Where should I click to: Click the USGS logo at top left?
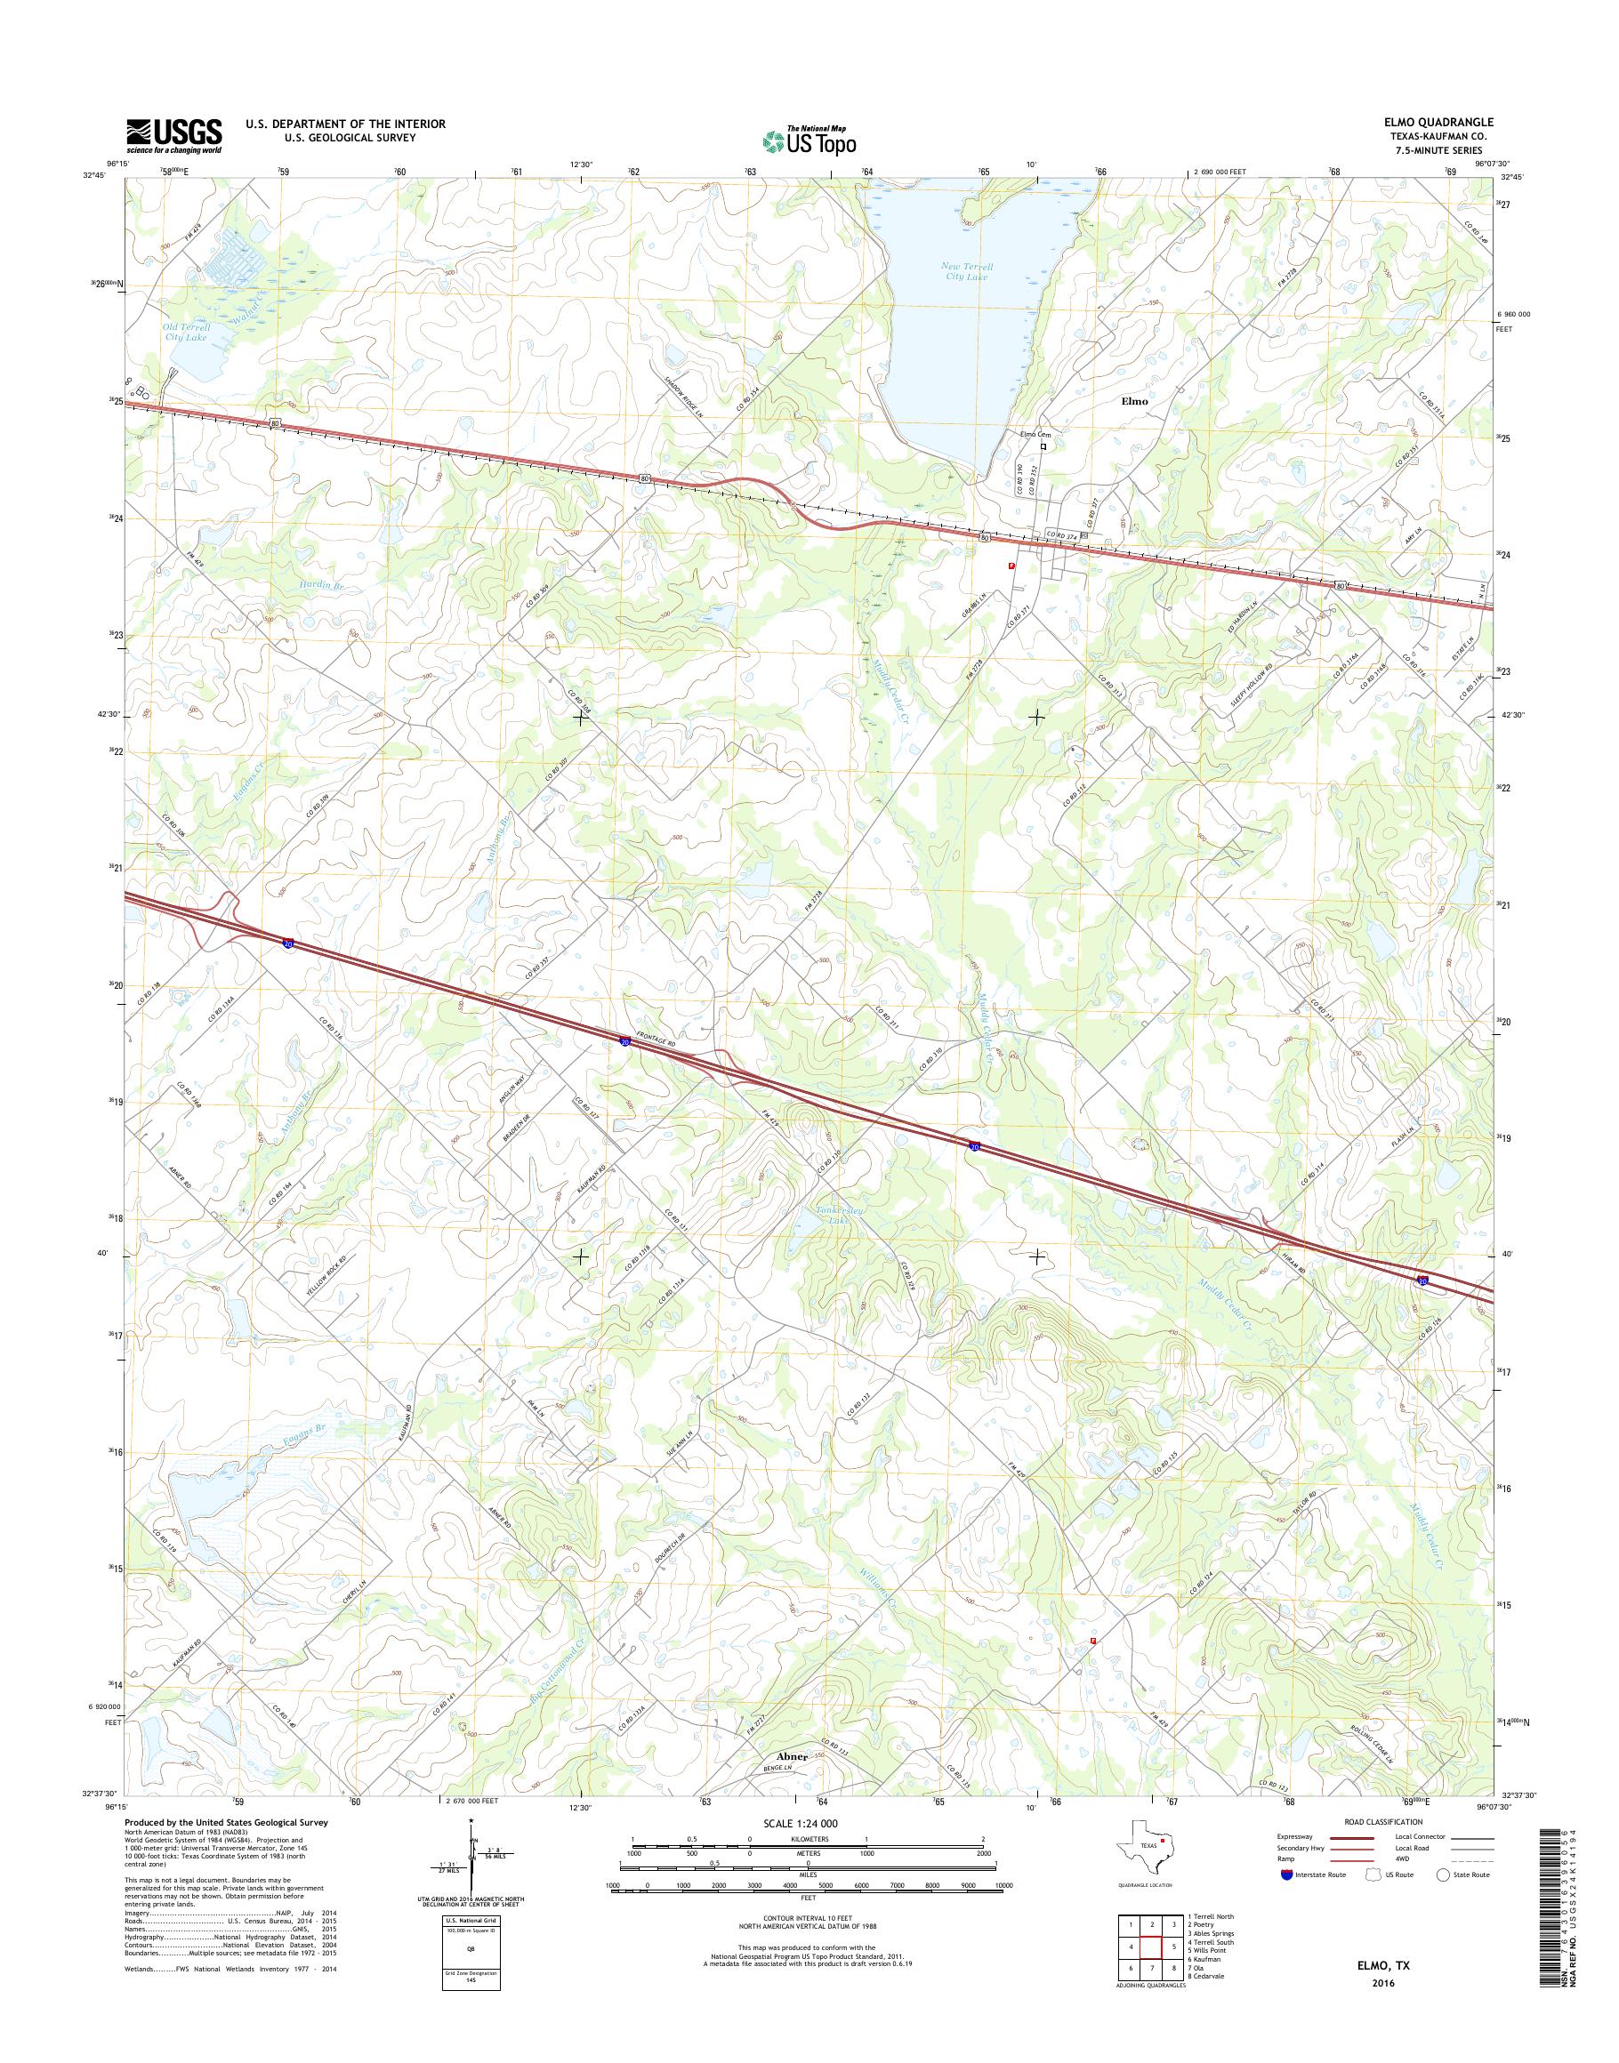coord(174,135)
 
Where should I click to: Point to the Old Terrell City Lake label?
coord(185,332)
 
